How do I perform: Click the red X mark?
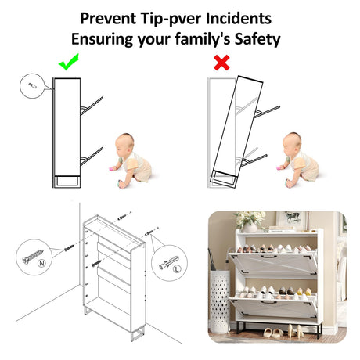[221, 63]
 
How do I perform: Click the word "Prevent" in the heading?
[108, 18]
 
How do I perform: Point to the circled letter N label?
[41, 263]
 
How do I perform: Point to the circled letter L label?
[177, 268]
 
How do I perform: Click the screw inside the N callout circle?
[33, 256]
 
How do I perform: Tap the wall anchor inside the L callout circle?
[168, 262]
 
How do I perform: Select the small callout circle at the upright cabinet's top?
[32, 86]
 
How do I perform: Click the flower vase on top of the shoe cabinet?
[250, 228]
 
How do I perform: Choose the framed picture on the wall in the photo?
[291, 218]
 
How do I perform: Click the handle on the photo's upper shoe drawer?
[268, 257]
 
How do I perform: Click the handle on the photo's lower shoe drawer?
[269, 303]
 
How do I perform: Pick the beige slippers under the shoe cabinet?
[272, 333]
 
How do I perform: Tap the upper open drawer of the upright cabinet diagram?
[92, 106]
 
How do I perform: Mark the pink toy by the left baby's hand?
[113, 168]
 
